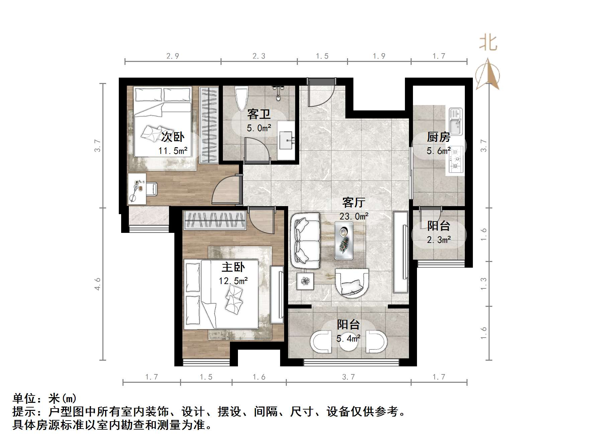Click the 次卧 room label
[x=173, y=137]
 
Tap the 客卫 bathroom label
[x=259, y=114]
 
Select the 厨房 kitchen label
[x=438, y=137]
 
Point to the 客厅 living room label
[x=353, y=202]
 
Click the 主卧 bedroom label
[x=233, y=267]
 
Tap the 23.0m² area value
[x=354, y=216]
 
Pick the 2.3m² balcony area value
[x=439, y=240]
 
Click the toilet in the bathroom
[x=241, y=98]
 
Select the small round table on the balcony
[x=348, y=342]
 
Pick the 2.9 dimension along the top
[x=173, y=56]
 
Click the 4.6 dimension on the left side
[x=97, y=284]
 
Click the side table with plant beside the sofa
[x=305, y=280]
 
